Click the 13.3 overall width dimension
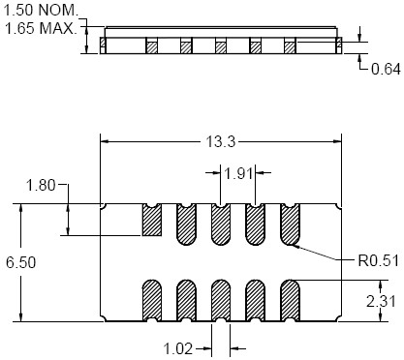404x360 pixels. click(x=221, y=141)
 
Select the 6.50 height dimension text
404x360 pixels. click(x=21, y=262)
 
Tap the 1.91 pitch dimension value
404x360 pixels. click(x=238, y=174)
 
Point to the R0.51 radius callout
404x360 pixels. click(x=379, y=260)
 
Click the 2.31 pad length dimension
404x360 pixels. click(x=381, y=302)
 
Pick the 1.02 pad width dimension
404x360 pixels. click(x=178, y=348)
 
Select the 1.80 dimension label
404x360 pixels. click(x=41, y=186)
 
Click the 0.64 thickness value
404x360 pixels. click(x=386, y=69)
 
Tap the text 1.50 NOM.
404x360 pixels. click(x=41, y=11)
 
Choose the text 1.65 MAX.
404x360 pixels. click(x=41, y=28)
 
